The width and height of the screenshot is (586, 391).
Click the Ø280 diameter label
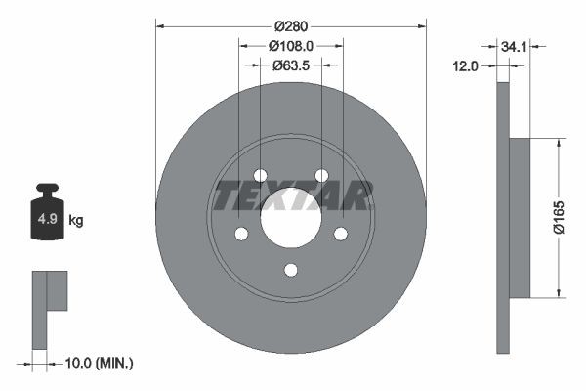[x=291, y=23]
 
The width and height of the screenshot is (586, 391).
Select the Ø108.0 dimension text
[x=291, y=44]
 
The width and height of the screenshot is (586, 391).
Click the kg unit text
[x=76, y=220]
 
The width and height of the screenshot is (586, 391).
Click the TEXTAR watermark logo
[x=292, y=195]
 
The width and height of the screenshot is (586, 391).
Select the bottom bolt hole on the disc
[x=291, y=270]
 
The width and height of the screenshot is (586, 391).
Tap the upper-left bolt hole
[x=260, y=175]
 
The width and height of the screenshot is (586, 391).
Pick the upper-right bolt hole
[x=321, y=175]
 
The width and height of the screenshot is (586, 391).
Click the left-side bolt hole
[x=240, y=234]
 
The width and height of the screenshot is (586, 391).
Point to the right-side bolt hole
[x=341, y=234]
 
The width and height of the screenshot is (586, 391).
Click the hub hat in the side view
[x=519, y=218]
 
